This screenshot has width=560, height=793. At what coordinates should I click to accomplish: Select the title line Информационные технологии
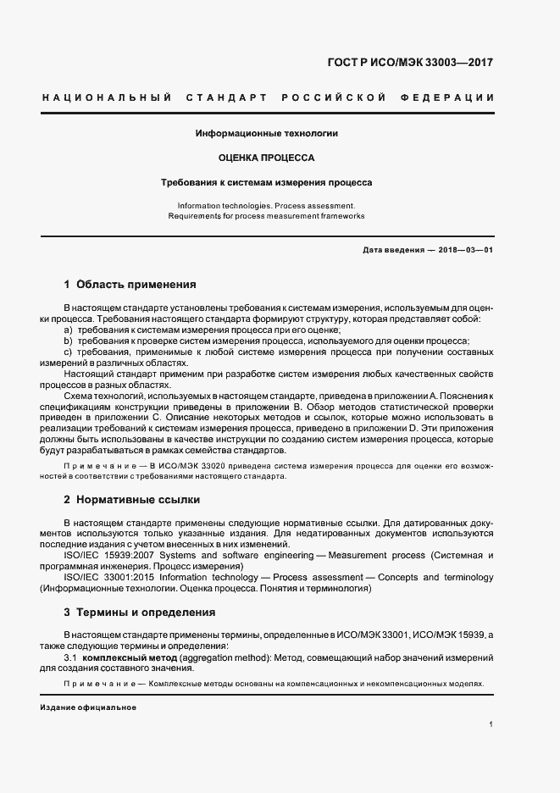coord(267,134)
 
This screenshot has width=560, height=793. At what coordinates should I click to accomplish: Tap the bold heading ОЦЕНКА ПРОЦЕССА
coord(267,158)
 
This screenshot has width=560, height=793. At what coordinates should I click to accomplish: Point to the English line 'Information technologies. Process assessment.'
coord(267,206)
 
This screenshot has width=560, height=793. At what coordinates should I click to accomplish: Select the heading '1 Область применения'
coord(130,285)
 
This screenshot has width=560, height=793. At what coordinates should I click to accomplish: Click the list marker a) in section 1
coord(69,329)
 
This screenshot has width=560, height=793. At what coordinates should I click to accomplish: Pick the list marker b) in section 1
coord(69,340)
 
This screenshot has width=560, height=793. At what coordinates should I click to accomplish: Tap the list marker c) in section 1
coord(69,352)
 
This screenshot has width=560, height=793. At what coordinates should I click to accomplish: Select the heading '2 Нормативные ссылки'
coord(130,500)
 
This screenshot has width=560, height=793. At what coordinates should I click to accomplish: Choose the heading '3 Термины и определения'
coord(140,612)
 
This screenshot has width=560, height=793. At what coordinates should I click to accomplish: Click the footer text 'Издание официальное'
coord(88,707)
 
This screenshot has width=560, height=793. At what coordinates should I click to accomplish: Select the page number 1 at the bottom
coord(491,724)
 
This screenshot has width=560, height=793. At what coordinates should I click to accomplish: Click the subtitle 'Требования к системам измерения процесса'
coord(267,182)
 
